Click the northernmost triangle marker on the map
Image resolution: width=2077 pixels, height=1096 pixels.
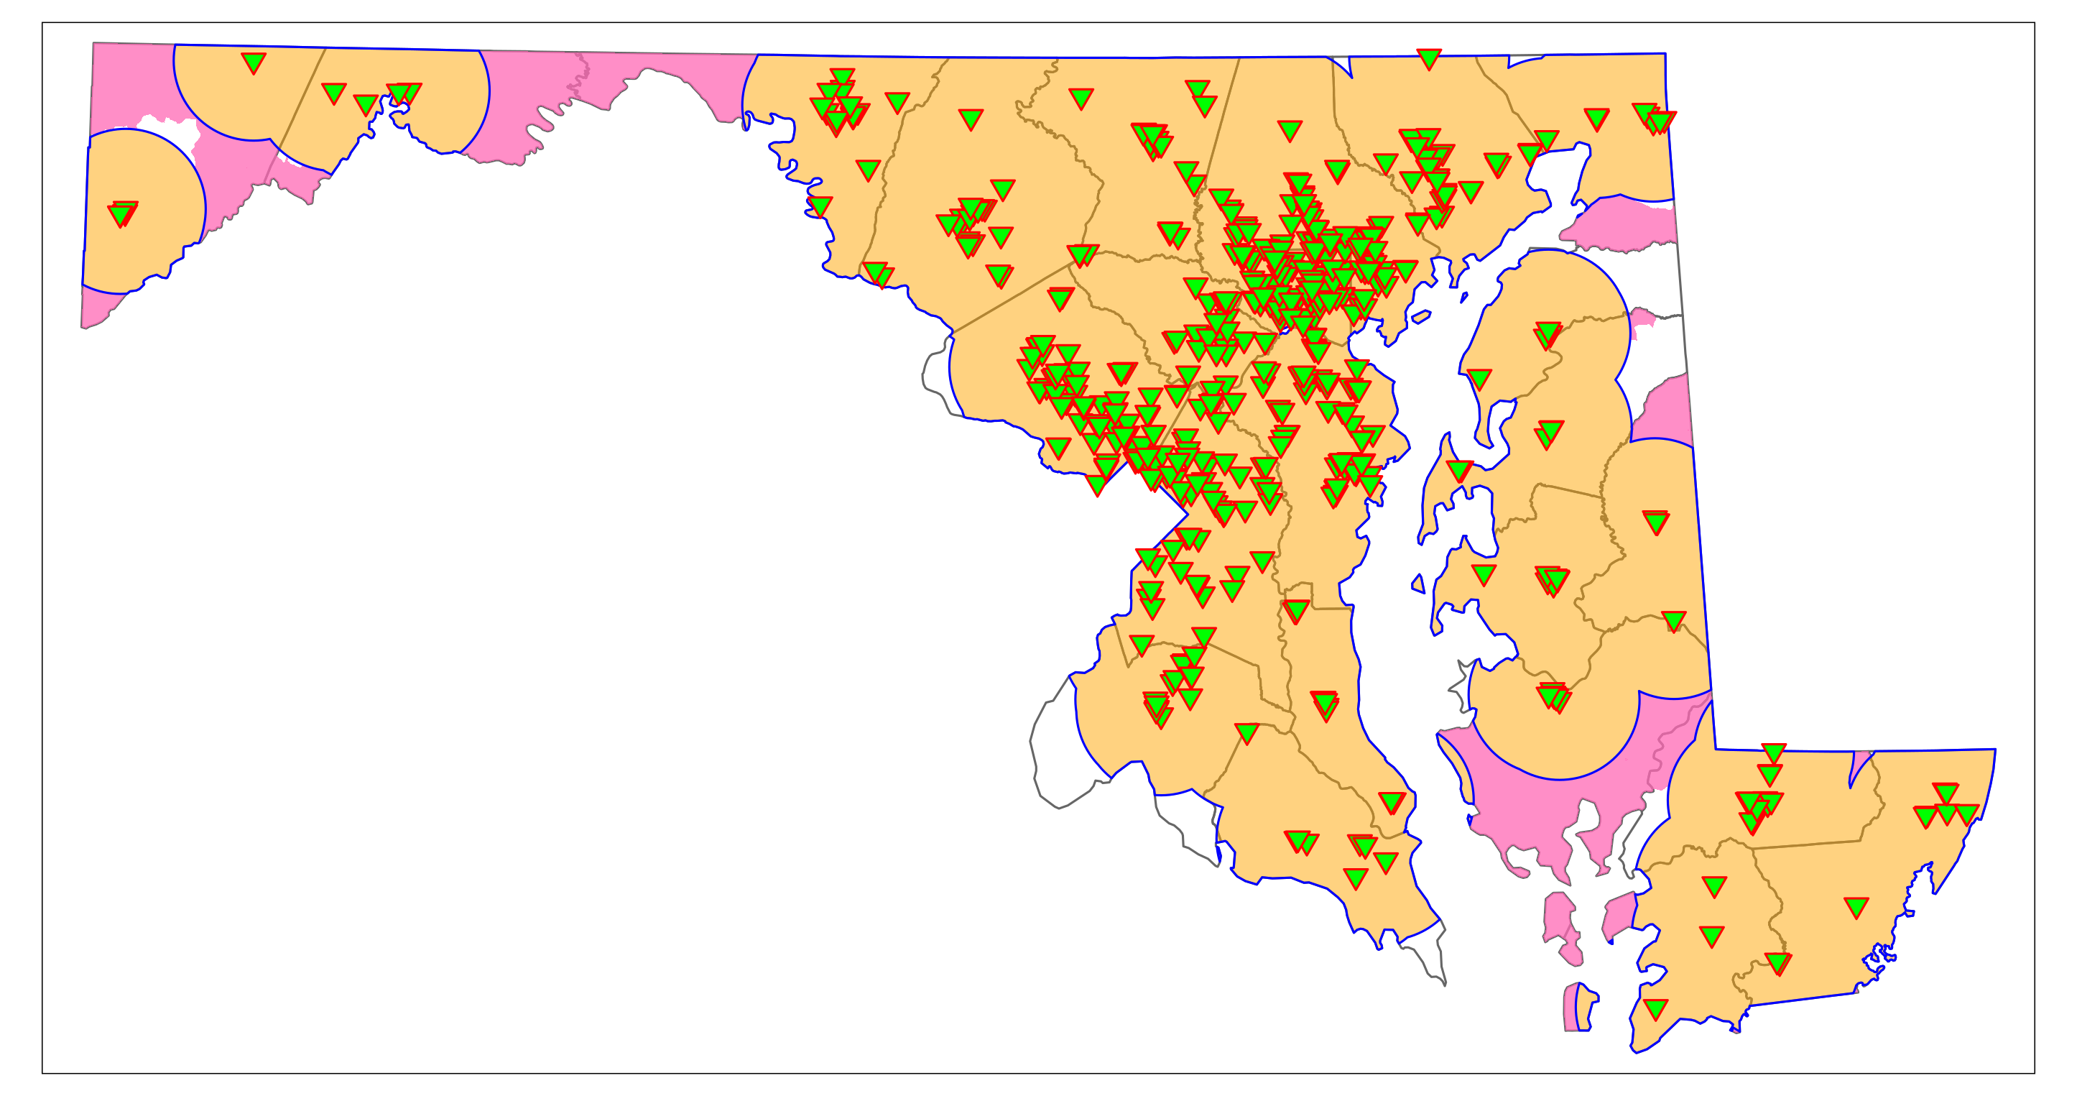click(1428, 57)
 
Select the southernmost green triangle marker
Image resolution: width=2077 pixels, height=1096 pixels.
click(1655, 1008)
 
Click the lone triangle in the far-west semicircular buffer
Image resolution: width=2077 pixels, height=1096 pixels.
click(121, 213)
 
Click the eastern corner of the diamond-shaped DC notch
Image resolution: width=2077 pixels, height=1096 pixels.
click(1187, 513)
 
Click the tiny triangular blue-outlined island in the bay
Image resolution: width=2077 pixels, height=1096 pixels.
click(1417, 584)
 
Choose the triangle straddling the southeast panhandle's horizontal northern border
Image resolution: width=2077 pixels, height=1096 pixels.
click(1773, 752)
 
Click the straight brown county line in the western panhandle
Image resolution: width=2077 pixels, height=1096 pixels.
click(295, 117)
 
